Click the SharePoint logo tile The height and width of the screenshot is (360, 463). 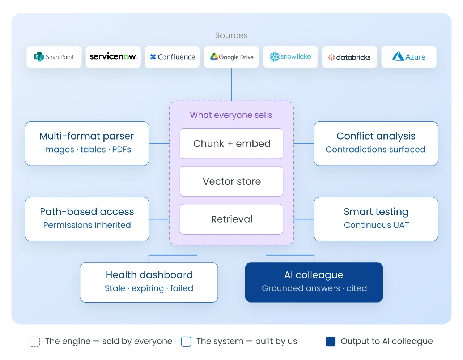54,57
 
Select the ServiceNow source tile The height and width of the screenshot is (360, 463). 113,57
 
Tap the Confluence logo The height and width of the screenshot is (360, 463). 173,57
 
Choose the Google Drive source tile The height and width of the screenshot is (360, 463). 231,57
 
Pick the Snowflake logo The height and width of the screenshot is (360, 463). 291,57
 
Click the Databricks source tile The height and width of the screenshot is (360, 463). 350,57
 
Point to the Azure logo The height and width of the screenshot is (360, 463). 409,56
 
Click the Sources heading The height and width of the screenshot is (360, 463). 231,35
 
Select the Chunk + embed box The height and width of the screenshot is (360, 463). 231,143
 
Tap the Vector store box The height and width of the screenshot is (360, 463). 231,181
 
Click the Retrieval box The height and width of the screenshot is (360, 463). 231,219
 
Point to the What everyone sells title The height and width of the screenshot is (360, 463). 231,115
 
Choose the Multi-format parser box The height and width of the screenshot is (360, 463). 87,143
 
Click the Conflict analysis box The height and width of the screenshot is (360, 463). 376,143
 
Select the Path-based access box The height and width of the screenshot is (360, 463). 87,219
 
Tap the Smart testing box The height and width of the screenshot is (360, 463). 376,219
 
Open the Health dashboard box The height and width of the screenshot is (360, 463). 149,282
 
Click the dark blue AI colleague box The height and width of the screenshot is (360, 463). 314,282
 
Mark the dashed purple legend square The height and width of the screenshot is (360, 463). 35,342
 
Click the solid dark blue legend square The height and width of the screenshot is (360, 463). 331,342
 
